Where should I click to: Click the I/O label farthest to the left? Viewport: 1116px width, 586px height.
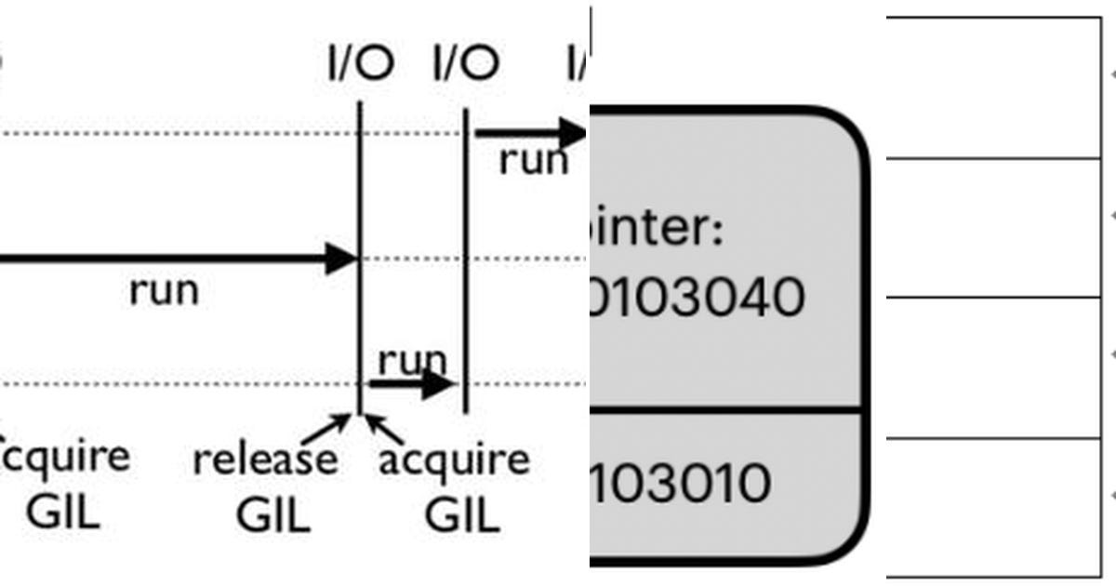click(361, 63)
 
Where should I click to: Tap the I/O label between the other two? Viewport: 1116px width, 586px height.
click(466, 63)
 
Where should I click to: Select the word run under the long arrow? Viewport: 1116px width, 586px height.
click(164, 290)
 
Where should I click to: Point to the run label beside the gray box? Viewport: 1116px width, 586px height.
click(533, 160)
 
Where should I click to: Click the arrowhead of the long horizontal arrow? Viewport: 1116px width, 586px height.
click(341, 259)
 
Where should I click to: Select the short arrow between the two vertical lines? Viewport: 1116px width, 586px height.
click(410, 383)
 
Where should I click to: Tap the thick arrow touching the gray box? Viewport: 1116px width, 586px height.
click(530, 133)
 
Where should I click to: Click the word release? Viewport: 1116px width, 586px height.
click(265, 459)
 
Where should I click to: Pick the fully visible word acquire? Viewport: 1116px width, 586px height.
click(454, 459)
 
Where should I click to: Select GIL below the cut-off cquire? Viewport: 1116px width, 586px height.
click(62, 513)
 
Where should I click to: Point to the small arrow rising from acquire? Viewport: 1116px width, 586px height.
click(384, 429)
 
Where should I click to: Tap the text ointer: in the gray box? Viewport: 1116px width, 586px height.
click(658, 229)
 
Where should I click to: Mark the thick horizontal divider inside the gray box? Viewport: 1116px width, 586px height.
click(725, 409)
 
